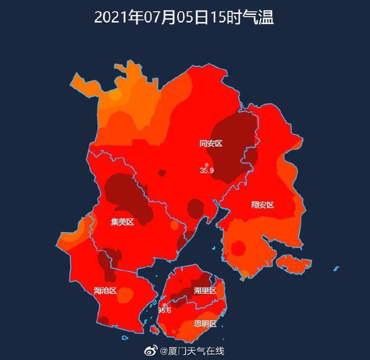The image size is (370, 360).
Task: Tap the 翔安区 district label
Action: (x=262, y=205)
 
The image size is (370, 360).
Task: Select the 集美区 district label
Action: (x=123, y=221)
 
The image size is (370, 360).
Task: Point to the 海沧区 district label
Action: (x=105, y=291)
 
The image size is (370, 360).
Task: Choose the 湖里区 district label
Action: (x=205, y=290)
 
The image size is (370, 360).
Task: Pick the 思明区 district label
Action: (x=205, y=324)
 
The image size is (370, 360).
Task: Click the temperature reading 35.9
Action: (x=207, y=170)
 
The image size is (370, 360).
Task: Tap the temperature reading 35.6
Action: (x=164, y=310)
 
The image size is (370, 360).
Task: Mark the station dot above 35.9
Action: (x=206, y=165)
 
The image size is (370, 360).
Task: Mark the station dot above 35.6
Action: (x=164, y=305)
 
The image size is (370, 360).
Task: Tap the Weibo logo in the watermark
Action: (x=152, y=351)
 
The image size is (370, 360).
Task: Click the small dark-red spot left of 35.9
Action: (x=162, y=173)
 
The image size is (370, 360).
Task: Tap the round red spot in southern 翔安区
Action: (x=238, y=248)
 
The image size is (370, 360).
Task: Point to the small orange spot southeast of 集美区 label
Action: (x=173, y=225)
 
